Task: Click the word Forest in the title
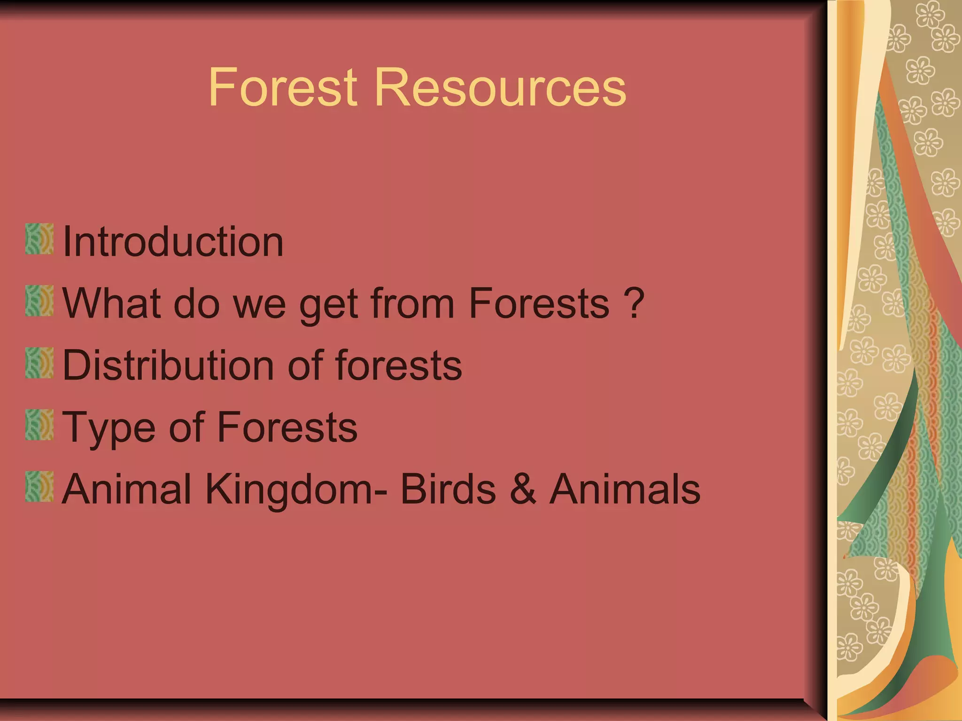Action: coord(283,87)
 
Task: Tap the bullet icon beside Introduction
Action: coord(39,239)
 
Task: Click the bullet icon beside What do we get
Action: coord(39,301)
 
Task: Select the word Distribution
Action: coord(167,365)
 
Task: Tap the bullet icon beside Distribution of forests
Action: coord(39,363)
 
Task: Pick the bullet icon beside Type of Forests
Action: coord(39,425)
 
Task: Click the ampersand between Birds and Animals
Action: coord(523,489)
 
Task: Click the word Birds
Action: coord(448,489)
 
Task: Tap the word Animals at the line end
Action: coord(625,489)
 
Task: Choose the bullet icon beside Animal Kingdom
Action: coord(39,487)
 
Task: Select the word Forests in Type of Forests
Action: coord(287,427)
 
